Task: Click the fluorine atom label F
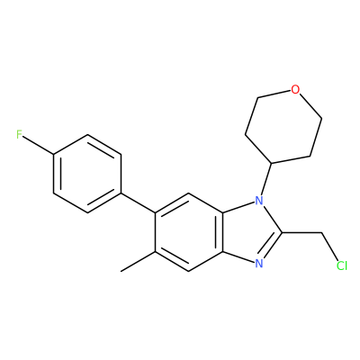[19, 135]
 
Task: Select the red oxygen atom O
[295, 89]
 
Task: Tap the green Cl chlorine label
[342, 265]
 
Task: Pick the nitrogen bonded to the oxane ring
[259, 200]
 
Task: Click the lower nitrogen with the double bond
[259, 264]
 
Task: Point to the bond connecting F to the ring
[39, 146]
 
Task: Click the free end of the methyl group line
[121, 272]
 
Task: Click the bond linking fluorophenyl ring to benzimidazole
[139, 203]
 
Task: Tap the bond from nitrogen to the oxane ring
[266, 178]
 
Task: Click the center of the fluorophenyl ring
[87, 174]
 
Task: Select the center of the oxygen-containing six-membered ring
[284, 126]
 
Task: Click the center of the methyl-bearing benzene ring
[189, 232]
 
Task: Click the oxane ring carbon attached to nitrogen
[272, 163]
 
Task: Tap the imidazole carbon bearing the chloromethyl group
[282, 232]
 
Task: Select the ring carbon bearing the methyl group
[156, 252]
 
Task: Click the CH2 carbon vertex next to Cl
[320, 232]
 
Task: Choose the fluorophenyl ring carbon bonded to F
[54, 155]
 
